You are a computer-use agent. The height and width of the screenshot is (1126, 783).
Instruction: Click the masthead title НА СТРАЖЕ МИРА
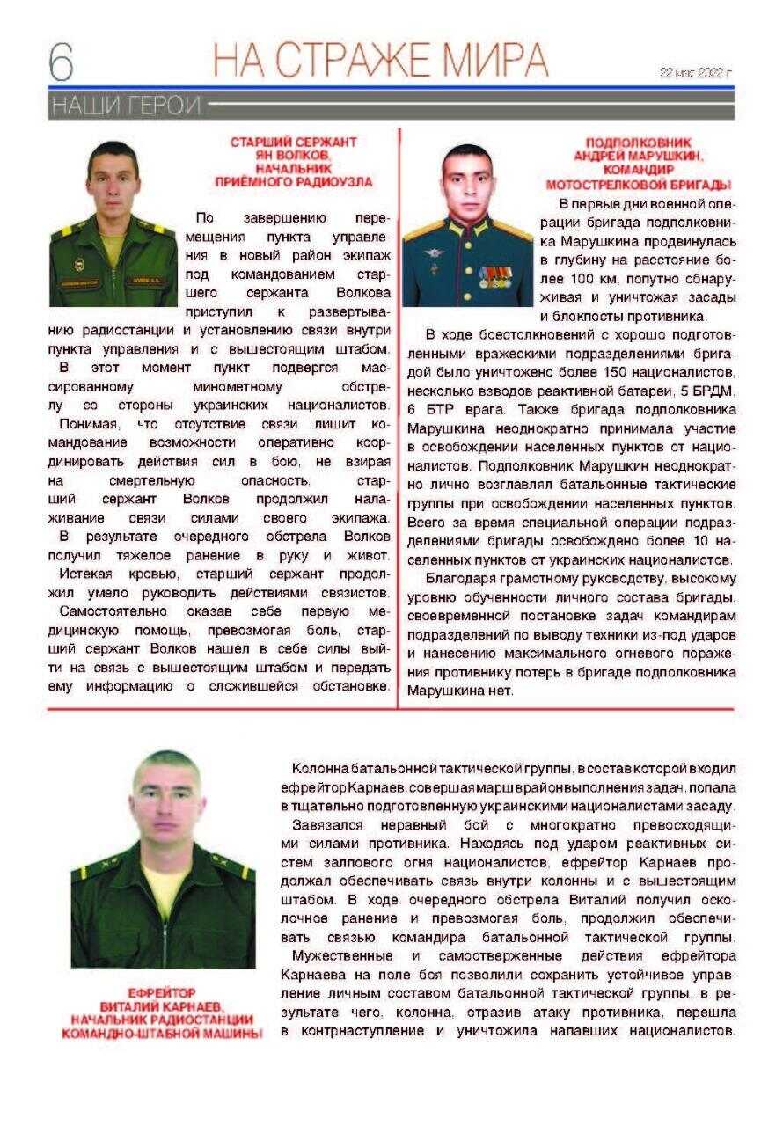pos(380,59)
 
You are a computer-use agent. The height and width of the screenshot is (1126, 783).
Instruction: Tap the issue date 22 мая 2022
pos(696,73)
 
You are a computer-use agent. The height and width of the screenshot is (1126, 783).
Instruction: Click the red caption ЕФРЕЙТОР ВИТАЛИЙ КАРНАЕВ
pos(162,1012)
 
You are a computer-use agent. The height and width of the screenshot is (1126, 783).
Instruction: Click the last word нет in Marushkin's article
pos(499,691)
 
